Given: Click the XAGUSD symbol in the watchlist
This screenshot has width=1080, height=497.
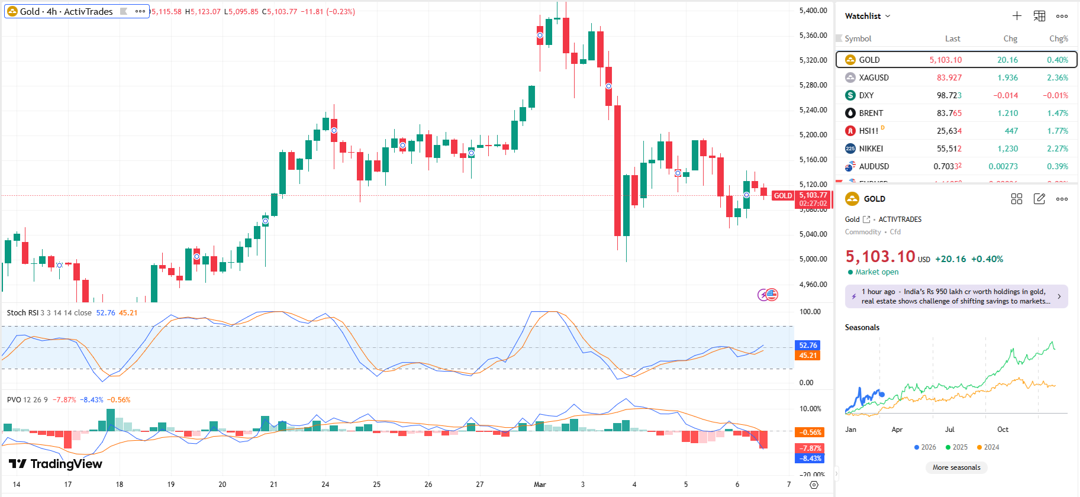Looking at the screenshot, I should (x=873, y=78).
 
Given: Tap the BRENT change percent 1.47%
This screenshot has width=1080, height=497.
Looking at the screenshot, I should (x=1057, y=113).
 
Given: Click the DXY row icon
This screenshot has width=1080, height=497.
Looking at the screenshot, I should (x=850, y=95).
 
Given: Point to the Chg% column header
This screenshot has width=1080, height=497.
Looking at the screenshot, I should (x=1058, y=38).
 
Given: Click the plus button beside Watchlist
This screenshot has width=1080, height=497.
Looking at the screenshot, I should (x=1017, y=16).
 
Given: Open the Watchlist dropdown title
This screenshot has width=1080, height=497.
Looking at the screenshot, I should (x=868, y=16).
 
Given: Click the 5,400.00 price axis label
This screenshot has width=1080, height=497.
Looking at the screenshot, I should (x=813, y=11).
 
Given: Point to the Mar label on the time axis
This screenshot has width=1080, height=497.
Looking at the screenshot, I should (x=540, y=484).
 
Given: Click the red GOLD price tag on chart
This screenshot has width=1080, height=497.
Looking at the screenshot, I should (x=782, y=196).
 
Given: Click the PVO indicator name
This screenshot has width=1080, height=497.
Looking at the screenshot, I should (x=14, y=400).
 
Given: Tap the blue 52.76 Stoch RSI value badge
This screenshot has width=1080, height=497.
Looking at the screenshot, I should (x=808, y=346).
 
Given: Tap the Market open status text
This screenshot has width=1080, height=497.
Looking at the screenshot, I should (x=876, y=272).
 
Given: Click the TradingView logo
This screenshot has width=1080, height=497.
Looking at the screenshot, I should (x=56, y=464).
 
